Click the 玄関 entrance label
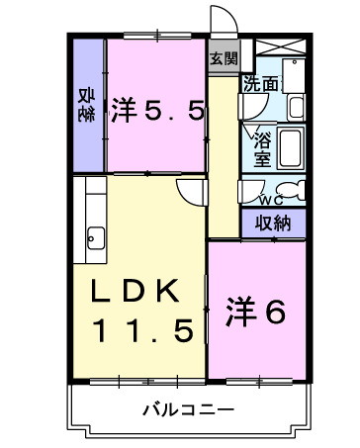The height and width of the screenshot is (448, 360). click(224, 58)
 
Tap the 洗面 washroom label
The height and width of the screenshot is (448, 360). click(261, 84)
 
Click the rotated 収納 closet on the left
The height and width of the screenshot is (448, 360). click(86, 104)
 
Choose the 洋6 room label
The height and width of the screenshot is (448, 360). click(256, 312)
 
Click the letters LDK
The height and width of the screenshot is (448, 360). click(135, 290)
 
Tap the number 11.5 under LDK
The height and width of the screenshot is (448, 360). click(143, 329)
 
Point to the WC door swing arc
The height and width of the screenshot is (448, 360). click(252, 188)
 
